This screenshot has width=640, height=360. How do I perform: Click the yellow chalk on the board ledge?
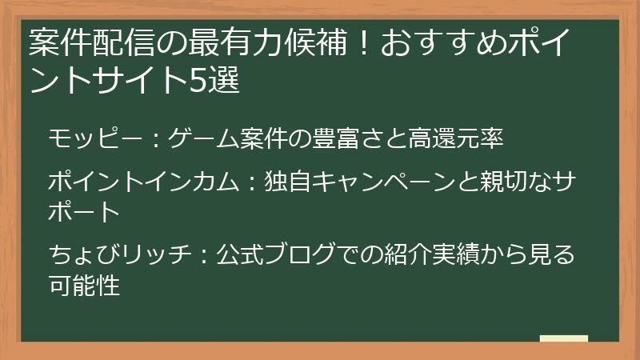pyautogui.click(x=564, y=338)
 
